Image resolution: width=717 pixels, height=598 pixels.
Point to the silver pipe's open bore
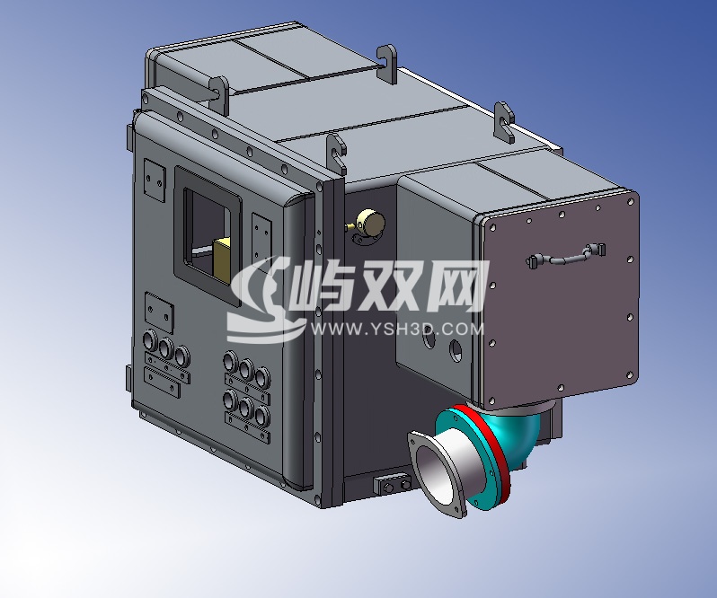coord(441,477)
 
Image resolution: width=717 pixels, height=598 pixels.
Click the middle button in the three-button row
coord(165,348)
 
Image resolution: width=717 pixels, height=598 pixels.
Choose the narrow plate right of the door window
coord(261,237)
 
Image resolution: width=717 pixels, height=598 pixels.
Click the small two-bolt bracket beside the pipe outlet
coord(389,485)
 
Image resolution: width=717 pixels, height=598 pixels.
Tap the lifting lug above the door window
coord(218,92)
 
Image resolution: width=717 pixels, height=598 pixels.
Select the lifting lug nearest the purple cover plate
coord(503,122)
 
